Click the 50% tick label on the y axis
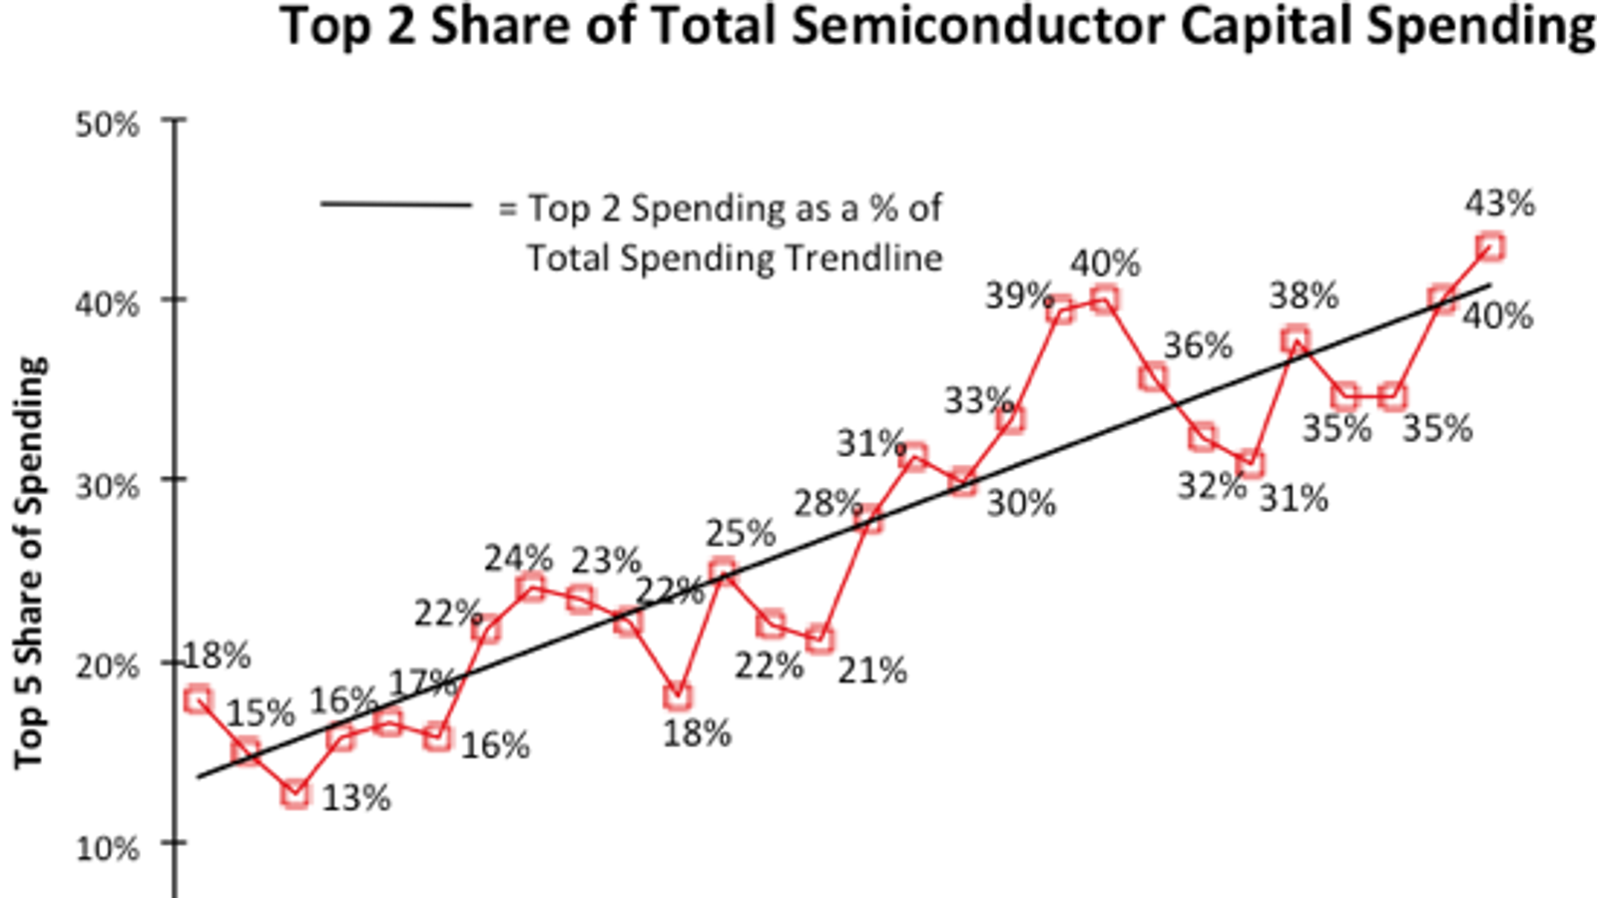pyautogui.click(x=107, y=126)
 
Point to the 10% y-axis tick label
pyautogui.click(x=107, y=849)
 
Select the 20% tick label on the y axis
pyautogui.click(x=107, y=667)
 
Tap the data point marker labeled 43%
pyautogui.click(x=1489, y=246)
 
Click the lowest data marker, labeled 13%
pyautogui.click(x=294, y=794)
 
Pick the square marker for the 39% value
pyautogui.click(x=1060, y=310)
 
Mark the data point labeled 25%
pyautogui.click(x=722, y=571)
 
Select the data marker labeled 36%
pyautogui.click(x=1153, y=377)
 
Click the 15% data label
pyautogui.click(x=261, y=714)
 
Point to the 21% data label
pyautogui.click(x=871, y=672)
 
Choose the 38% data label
pyautogui.click(x=1304, y=296)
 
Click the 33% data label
pyautogui.click(x=978, y=401)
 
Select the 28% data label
pyautogui.click(x=827, y=504)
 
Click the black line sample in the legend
pyautogui.click(x=396, y=206)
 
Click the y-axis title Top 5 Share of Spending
pyautogui.click(x=30, y=563)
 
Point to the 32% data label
pyautogui.click(x=1212, y=487)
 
